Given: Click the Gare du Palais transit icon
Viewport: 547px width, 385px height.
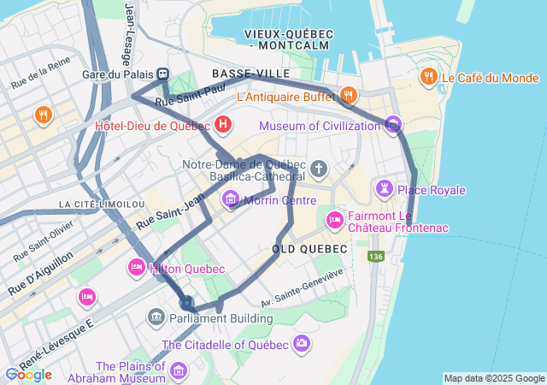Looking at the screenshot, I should pyautogui.click(x=162, y=74).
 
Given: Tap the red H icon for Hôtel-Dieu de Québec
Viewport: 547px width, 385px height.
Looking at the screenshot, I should pyautogui.click(x=223, y=126).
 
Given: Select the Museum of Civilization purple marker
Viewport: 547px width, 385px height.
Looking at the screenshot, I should pyautogui.click(x=392, y=125).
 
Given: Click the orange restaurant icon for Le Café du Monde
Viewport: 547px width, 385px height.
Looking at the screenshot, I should pyautogui.click(x=427, y=78).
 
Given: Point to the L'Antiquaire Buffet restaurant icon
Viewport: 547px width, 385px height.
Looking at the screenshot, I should pyautogui.click(x=348, y=95).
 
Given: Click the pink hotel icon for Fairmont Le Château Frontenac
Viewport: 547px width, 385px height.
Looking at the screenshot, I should pyautogui.click(x=334, y=221).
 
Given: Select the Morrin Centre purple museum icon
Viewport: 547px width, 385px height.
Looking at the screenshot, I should pyautogui.click(x=231, y=200).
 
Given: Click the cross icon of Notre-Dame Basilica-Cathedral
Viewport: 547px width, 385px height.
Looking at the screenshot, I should pyautogui.click(x=319, y=169).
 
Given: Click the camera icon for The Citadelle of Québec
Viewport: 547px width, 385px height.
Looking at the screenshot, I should pyautogui.click(x=301, y=344).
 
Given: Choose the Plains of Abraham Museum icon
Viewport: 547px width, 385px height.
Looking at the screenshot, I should pyautogui.click(x=178, y=370).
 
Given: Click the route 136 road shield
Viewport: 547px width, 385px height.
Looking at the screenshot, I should pyautogui.click(x=376, y=256).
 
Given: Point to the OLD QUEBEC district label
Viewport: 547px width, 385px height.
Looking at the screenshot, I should pyautogui.click(x=309, y=248).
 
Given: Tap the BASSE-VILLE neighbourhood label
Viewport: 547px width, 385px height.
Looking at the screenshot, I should pyautogui.click(x=251, y=74).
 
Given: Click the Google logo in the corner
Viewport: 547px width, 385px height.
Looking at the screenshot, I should pyautogui.click(x=28, y=375).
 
